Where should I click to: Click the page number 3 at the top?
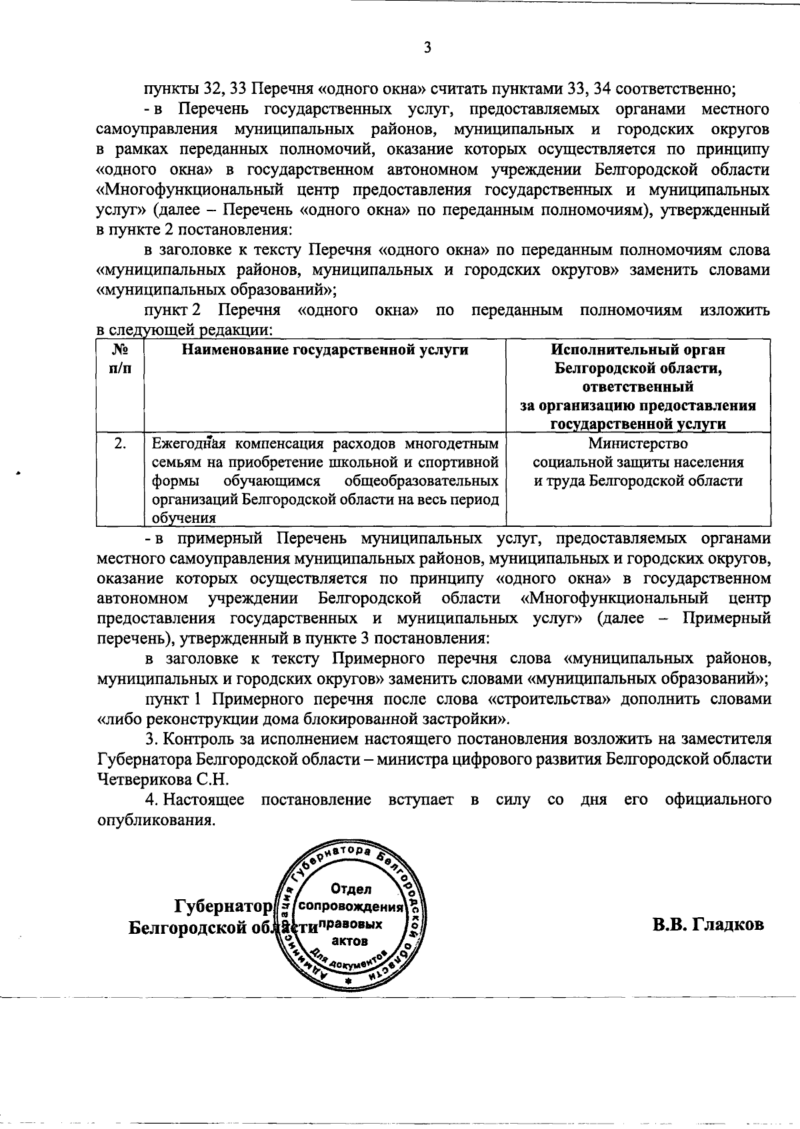(427, 48)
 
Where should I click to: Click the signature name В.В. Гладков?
(707, 925)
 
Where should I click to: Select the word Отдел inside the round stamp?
(351, 889)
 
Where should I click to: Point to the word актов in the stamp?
(351, 941)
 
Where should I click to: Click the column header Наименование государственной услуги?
(325, 350)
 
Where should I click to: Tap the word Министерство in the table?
(638, 444)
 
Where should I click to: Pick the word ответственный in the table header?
(638, 387)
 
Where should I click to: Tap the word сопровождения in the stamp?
(351, 907)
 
